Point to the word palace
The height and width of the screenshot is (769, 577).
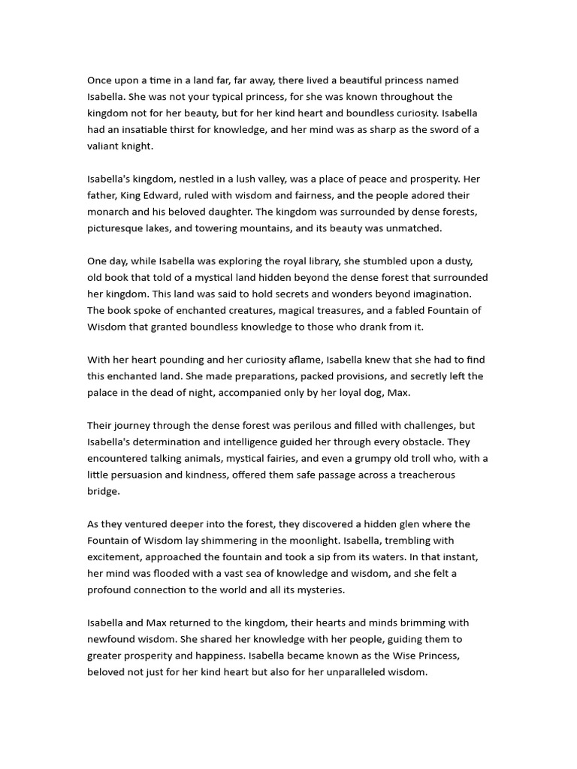[x=102, y=393]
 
